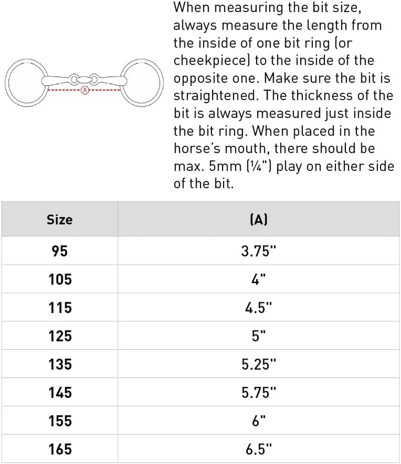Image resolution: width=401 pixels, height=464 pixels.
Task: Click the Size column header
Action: click(59, 219)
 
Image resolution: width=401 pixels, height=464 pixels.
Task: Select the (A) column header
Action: click(258, 219)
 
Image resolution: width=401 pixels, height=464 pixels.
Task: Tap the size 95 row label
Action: click(59, 251)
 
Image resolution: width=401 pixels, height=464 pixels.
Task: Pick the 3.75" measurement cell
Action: click(258, 251)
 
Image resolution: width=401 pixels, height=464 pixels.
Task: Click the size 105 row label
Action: click(60, 279)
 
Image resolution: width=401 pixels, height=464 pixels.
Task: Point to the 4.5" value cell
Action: click(258, 308)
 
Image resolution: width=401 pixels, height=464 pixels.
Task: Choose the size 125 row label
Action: click(60, 336)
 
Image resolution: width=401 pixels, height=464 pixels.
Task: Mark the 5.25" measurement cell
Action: click(258, 364)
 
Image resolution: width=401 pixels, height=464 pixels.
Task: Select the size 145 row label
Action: click(60, 392)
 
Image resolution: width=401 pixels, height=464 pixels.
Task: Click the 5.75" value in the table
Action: click(258, 392)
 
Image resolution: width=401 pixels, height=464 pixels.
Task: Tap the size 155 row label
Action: click(60, 421)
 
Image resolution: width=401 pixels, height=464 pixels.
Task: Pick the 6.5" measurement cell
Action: click(258, 449)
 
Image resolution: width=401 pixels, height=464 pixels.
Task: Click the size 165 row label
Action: click(60, 449)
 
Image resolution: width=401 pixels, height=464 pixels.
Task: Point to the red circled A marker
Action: click(84, 91)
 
